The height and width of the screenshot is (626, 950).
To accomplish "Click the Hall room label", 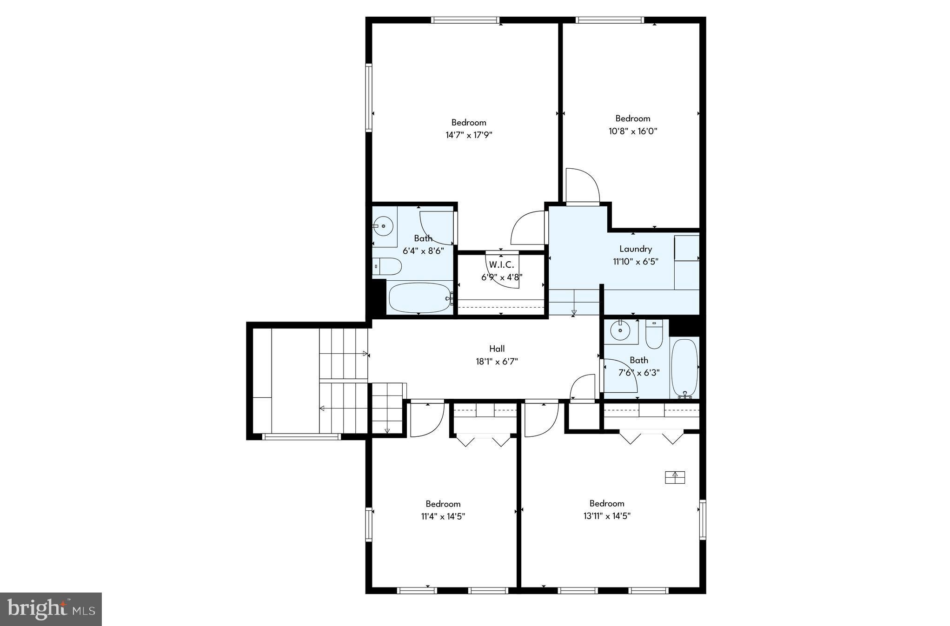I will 497,349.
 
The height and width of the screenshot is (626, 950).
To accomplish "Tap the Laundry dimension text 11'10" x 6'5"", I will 635,262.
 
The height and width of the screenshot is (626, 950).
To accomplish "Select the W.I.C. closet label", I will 501,265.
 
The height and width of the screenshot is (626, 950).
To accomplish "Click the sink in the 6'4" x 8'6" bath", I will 383,227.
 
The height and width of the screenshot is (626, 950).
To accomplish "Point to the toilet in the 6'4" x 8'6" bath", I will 389,267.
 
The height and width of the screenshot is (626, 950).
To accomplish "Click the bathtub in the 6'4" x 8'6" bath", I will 419,298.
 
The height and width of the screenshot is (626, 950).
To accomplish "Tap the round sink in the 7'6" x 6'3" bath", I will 620,331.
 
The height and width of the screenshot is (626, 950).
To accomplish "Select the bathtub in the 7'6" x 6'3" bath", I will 684,367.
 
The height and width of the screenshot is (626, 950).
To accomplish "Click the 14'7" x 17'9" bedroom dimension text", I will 469,135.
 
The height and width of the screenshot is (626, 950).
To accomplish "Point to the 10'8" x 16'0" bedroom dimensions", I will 632,131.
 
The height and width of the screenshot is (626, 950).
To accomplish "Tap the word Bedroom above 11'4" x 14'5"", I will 443,504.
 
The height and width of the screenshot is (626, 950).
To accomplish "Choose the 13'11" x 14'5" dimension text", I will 606,516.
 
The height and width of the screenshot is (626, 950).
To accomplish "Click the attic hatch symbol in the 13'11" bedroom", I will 675,477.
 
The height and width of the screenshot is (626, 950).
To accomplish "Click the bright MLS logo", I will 51,609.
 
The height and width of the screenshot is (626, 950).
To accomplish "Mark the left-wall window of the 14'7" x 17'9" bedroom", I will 369,98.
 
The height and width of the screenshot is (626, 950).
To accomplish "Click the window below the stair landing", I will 301,436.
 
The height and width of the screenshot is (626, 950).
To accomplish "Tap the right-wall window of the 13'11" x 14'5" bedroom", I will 703,520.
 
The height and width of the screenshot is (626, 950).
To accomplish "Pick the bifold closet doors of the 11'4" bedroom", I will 483,440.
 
